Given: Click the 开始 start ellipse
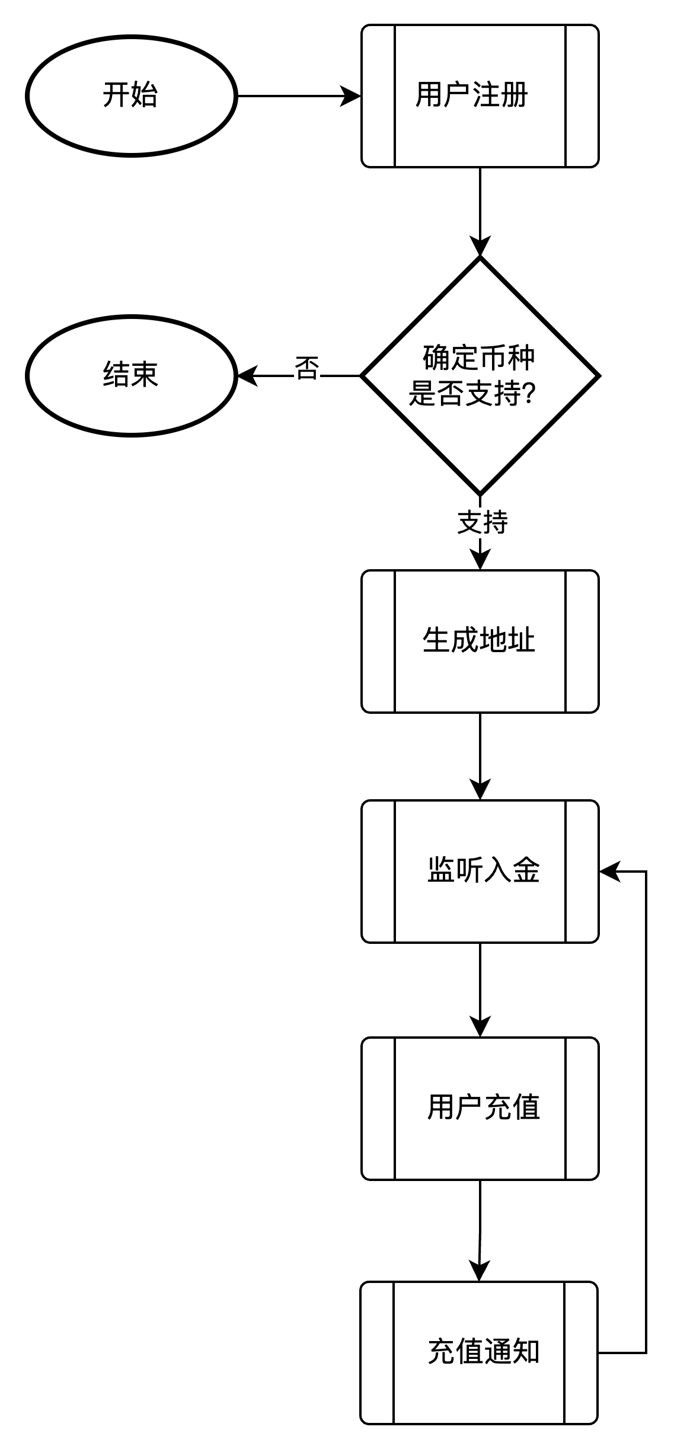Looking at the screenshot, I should click(x=131, y=95).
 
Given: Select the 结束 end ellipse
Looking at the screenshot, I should click(x=131, y=375).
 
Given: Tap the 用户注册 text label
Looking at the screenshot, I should click(x=472, y=95).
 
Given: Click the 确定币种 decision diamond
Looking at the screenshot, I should click(x=480, y=375).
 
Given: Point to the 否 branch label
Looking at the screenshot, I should click(x=307, y=368).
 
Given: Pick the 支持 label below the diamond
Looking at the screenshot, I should click(x=483, y=522).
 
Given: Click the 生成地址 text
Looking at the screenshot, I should click(x=479, y=640).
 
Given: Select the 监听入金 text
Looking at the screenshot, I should click(x=483, y=870).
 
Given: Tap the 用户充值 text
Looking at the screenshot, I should click(x=483, y=1108).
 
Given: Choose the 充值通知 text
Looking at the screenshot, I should click(x=483, y=1352).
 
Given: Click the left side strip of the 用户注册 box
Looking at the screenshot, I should click(x=379, y=95).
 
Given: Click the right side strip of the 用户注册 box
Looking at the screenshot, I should click(x=582, y=95).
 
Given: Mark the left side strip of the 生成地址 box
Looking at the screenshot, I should click(x=379, y=641).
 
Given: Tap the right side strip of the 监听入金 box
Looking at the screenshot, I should click(x=582, y=871).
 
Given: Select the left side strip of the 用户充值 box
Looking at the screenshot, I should click(x=379, y=1108).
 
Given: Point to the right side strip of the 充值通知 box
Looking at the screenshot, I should click(x=580, y=1352).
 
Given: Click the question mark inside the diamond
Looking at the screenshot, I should click(x=530, y=393).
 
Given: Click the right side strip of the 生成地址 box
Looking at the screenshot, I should click(x=582, y=641).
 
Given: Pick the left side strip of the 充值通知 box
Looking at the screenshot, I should click(x=378, y=1352).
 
